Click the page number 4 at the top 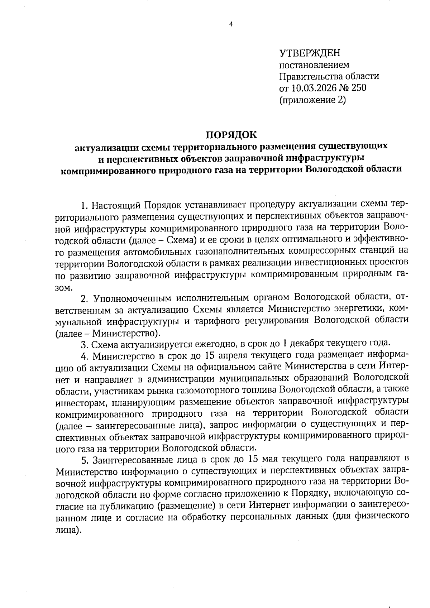tap(231, 24)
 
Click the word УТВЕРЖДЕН tap(309, 53)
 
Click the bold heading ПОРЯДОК tap(231, 135)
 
